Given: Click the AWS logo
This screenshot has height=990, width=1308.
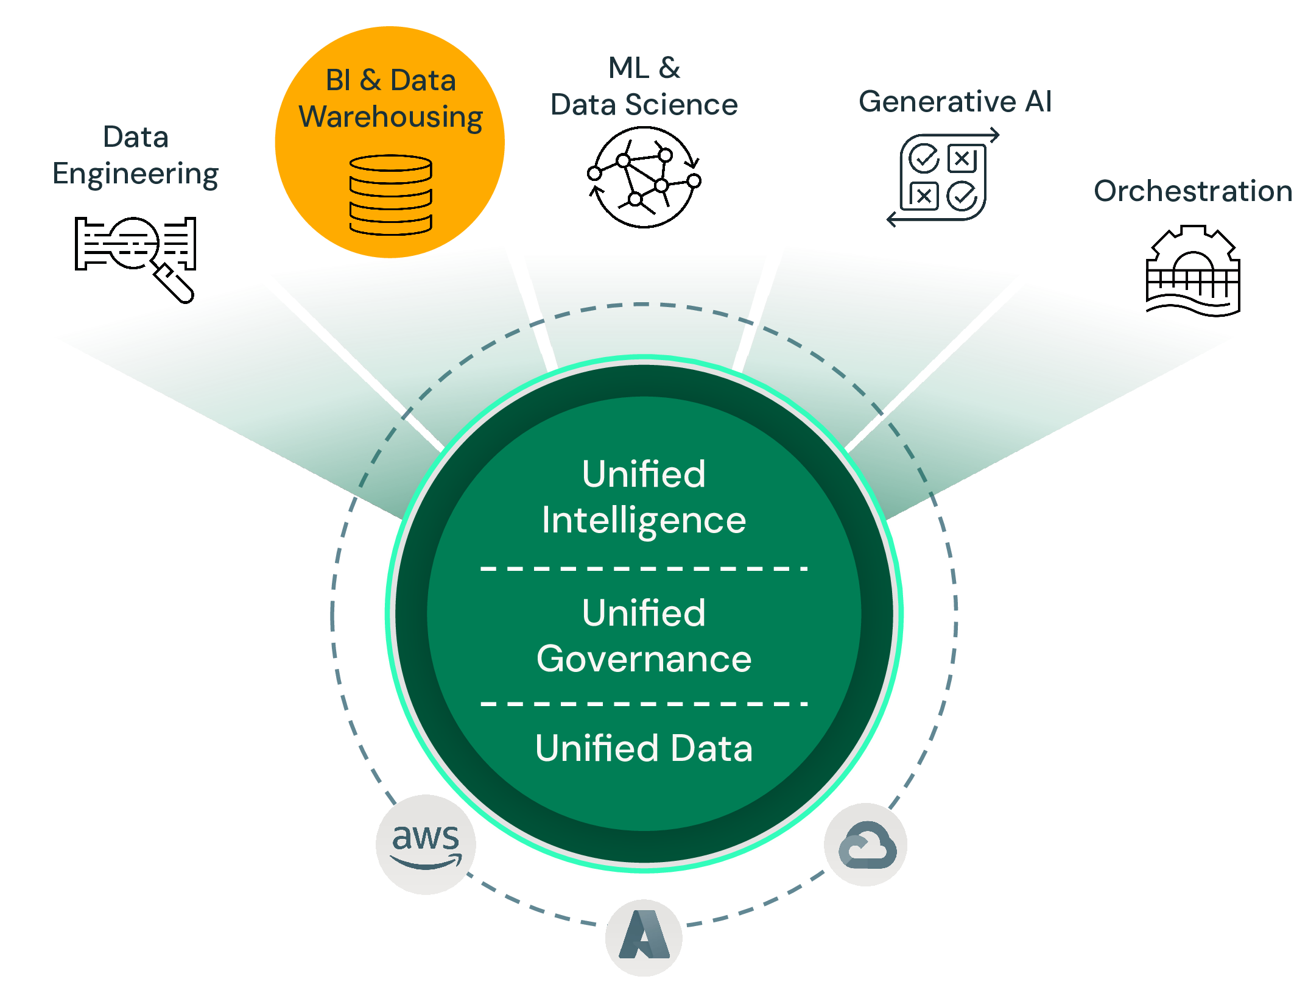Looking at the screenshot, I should click(426, 844).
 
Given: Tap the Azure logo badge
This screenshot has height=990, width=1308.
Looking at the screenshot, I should click(644, 937).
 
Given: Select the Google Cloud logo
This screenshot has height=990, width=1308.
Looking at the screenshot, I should click(867, 844).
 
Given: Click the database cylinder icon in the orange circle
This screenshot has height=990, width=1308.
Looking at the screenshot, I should click(390, 195).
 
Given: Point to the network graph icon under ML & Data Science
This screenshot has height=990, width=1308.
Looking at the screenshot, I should click(644, 177).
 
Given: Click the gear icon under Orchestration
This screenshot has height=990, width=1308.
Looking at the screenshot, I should click(1193, 271).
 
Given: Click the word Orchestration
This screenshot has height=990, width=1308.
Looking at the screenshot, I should click(1193, 191).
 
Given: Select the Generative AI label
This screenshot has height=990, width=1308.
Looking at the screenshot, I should click(955, 101).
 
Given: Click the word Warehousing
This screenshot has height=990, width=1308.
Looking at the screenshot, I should click(390, 117).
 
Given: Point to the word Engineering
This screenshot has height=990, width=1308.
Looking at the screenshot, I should click(135, 174).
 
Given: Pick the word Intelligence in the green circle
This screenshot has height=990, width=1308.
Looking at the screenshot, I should click(644, 520).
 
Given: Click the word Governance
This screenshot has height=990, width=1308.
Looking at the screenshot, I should click(644, 659).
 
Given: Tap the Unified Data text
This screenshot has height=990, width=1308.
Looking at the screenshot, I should click(644, 748).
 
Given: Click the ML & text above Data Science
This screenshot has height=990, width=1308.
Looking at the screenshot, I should click(644, 68).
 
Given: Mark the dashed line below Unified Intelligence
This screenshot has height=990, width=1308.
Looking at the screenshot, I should click(644, 568).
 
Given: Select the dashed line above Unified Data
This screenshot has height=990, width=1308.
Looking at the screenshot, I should click(644, 704).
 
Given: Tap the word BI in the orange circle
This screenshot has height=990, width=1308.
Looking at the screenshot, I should click(338, 80).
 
